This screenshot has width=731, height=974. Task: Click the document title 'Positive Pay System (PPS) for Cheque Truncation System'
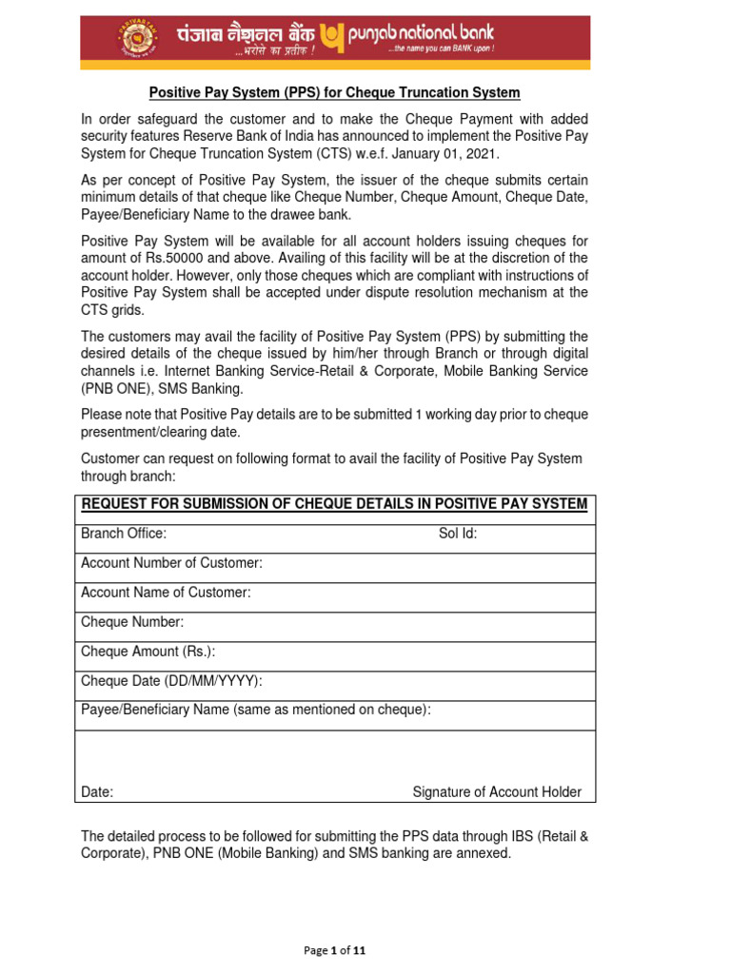tap(334, 92)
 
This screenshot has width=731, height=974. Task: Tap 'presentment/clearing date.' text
tap(160, 432)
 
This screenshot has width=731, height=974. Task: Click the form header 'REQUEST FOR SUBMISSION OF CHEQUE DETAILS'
tap(334, 503)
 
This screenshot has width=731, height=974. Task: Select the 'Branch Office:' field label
tap(124, 534)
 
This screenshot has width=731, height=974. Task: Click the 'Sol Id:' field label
tap(458, 534)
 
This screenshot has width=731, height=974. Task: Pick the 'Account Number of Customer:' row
tap(171, 563)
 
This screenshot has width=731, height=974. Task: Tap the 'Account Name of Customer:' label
tap(166, 593)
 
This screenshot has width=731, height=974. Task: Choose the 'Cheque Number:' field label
tap(132, 622)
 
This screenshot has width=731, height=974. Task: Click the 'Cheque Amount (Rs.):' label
tap(148, 652)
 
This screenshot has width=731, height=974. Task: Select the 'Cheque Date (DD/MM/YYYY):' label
tap(171, 681)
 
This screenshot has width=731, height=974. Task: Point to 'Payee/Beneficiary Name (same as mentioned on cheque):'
tap(256, 710)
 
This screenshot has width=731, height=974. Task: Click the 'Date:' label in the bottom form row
tap(97, 792)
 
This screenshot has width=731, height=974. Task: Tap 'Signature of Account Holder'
tap(496, 792)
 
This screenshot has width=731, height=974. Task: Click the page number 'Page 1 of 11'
tap(334, 950)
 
